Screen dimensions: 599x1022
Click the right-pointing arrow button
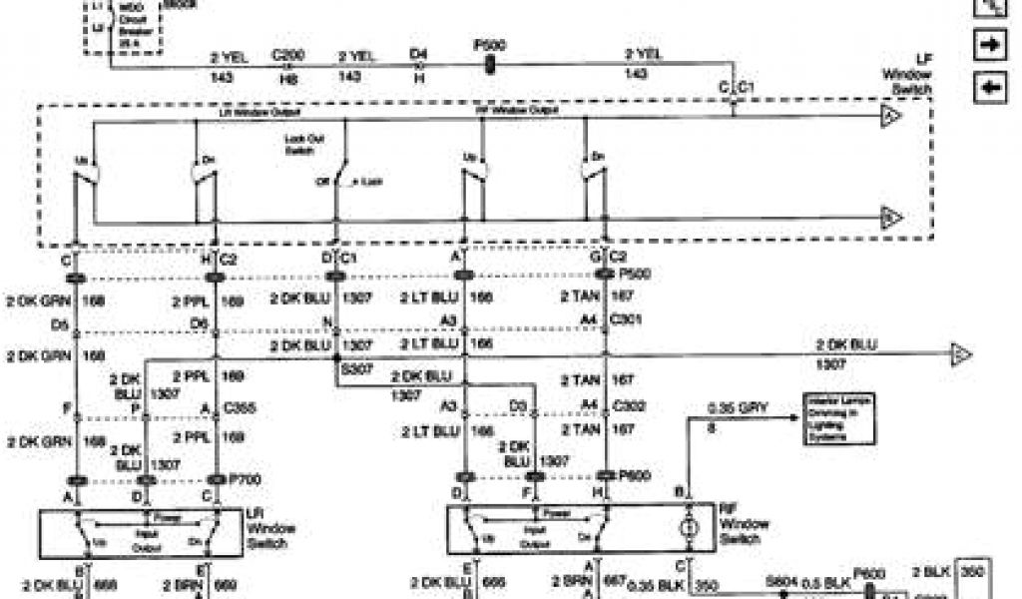(x=990, y=46)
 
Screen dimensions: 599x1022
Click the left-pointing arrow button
(x=990, y=87)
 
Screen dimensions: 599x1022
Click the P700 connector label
(x=245, y=479)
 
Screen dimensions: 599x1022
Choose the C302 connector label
(x=629, y=405)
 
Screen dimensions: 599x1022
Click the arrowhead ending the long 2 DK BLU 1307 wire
(x=961, y=354)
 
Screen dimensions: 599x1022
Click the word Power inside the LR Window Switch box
(x=159, y=516)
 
